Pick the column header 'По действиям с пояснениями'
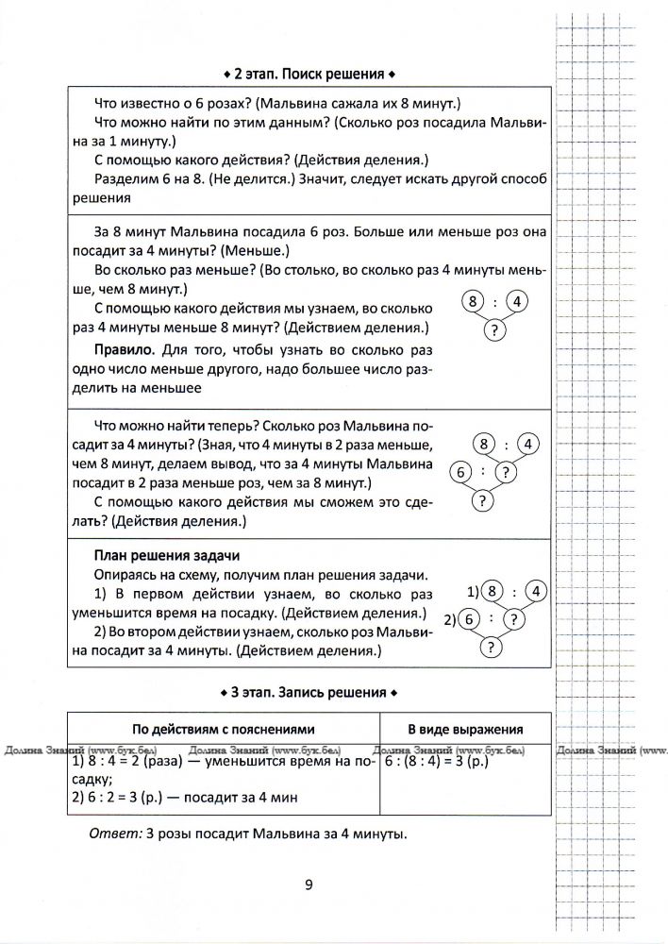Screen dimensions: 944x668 (x=223, y=729)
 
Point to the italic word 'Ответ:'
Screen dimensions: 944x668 (x=109, y=834)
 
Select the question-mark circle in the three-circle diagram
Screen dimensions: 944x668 (x=493, y=330)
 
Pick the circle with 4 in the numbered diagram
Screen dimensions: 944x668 (x=533, y=592)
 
